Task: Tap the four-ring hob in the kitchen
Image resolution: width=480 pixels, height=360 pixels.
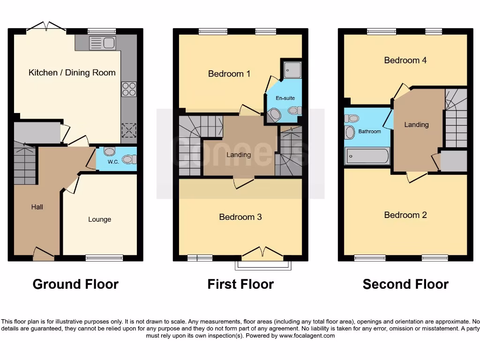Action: pyautogui.click(x=129, y=89)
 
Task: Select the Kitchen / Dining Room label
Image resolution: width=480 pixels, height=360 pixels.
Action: pyautogui.click(x=72, y=73)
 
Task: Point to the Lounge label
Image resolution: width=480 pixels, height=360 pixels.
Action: pyautogui.click(x=99, y=219)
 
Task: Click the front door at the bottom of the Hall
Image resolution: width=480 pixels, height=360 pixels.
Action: pyautogui.click(x=44, y=255)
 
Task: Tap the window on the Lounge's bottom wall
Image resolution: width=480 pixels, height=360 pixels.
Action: pyautogui.click(x=104, y=257)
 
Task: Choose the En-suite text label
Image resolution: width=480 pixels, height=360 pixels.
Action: pyautogui.click(x=285, y=98)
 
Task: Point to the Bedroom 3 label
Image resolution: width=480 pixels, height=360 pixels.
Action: pyautogui.click(x=240, y=217)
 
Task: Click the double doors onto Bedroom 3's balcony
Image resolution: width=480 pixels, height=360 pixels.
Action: pyautogui.click(x=262, y=254)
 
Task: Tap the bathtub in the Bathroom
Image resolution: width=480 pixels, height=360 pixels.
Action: pyautogui.click(x=367, y=156)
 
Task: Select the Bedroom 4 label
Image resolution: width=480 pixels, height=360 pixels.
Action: pyautogui.click(x=405, y=60)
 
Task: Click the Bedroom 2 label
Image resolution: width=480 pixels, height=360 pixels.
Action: pyautogui.click(x=405, y=215)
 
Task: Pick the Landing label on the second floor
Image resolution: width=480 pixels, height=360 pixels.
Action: pyautogui.click(x=416, y=125)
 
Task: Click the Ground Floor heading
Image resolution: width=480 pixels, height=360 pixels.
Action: pyautogui.click(x=75, y=284)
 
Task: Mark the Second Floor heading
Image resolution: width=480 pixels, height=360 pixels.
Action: pyautogui.click(x=405, y=284)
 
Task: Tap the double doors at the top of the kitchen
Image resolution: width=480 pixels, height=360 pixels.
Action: pyautogui.click(x=46, y=27)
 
